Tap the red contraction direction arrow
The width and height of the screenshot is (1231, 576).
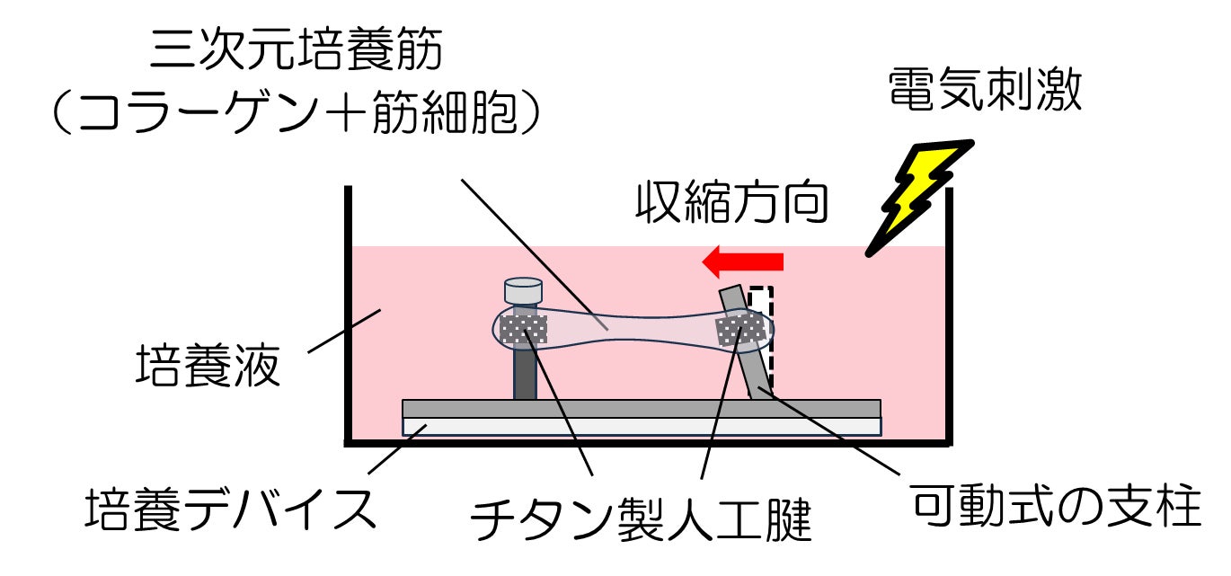click(743, 261)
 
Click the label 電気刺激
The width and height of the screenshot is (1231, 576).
click(985, 92)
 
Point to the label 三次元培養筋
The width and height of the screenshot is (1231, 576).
click(296, 51)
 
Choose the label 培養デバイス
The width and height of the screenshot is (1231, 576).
click(229, 510)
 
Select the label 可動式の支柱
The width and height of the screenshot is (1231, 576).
click(1055, 508)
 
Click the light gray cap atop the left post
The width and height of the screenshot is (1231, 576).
click(524, 292)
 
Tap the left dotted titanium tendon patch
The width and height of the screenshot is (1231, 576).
click(524, 330)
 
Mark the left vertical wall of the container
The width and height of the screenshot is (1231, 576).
click(348, 315)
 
